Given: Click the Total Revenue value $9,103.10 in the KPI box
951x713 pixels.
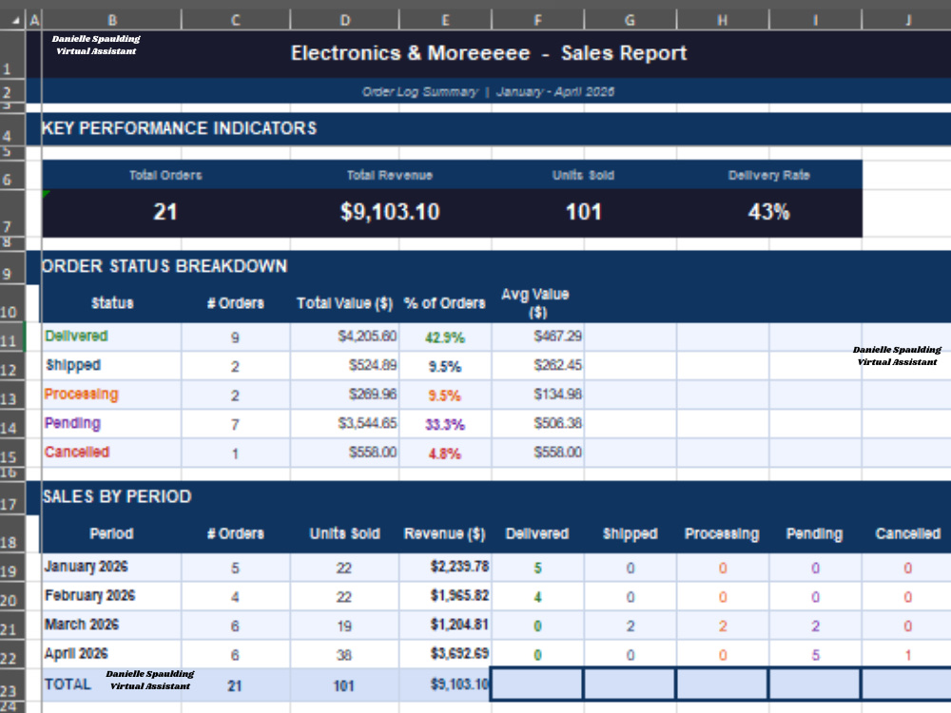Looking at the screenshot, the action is pyautogui.click(x=389, y=212).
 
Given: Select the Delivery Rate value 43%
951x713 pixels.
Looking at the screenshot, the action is pyautogui.click(x=768, y=212).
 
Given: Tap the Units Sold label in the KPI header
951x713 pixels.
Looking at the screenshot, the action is pyautogui.click(x=583, y=175).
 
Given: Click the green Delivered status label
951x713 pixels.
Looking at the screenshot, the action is pyautogui.click(x=76, y=336).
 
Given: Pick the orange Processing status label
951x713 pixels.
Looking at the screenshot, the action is pyautogui.click(x=81, y=395).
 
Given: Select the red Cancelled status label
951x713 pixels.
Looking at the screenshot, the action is pyautogui.click(x=76, y=452).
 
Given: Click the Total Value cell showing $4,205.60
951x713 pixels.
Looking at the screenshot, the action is pyautogui.click(x=367, y=336).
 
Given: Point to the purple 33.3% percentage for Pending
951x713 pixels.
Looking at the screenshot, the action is pyautogui.click(x=444, y=424).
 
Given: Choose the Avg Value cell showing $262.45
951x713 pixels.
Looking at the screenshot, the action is pyautogui.click(x=557, y=365).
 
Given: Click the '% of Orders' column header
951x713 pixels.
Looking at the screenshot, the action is pyautogui.click(x=444, y=303).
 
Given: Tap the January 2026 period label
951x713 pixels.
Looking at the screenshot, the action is pyautogui.click(x=86, y=567).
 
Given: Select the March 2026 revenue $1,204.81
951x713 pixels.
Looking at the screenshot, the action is pyautogui.click(x=459, y=625).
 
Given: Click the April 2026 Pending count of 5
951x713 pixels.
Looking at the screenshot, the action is pyautogui.click(x=815, y=655).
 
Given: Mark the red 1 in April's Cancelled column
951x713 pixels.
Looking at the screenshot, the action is pyautogui.click(x=907, y=655).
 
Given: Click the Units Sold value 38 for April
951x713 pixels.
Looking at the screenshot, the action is pyautogui.click(x=344, y=655).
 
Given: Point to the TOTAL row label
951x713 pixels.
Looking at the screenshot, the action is pyautogui.click(x=68, y=684).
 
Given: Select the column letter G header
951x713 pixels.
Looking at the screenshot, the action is pyautogui.click(x=631, y=20).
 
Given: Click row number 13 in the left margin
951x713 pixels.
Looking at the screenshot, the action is pyautogui.click(x=9, y=399).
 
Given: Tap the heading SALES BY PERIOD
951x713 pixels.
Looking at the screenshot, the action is pyautogui.click(x=116, y=496).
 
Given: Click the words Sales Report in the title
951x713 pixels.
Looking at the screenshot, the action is pyautogui.click(x=624, y=53).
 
